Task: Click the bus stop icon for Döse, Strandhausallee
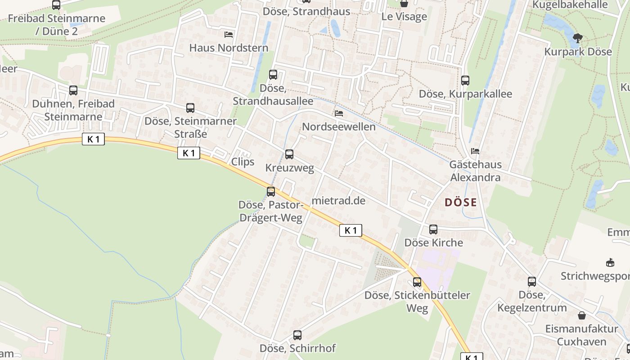point(273,75)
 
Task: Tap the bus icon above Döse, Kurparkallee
point(465,81)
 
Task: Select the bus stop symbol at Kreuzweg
point(289,154)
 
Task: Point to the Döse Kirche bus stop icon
point(433,229)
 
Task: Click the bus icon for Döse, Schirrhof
point(297,335)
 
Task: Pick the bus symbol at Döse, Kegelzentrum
point(532,282)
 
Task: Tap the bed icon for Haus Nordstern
point(229,34)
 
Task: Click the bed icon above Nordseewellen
point(339,113)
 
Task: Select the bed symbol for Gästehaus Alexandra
point(475,151)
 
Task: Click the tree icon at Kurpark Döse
point(578,38)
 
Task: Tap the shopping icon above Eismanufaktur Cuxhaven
point(582,315)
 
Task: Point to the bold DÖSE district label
point(460,202)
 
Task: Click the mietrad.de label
point(338,201)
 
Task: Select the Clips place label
point(243,162)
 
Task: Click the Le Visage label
point(404,17)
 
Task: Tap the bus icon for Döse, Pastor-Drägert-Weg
point(271,192)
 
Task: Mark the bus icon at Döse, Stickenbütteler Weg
point(418,282)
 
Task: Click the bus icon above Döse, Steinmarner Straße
point(190,108)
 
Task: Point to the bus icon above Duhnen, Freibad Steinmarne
point(73,90)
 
